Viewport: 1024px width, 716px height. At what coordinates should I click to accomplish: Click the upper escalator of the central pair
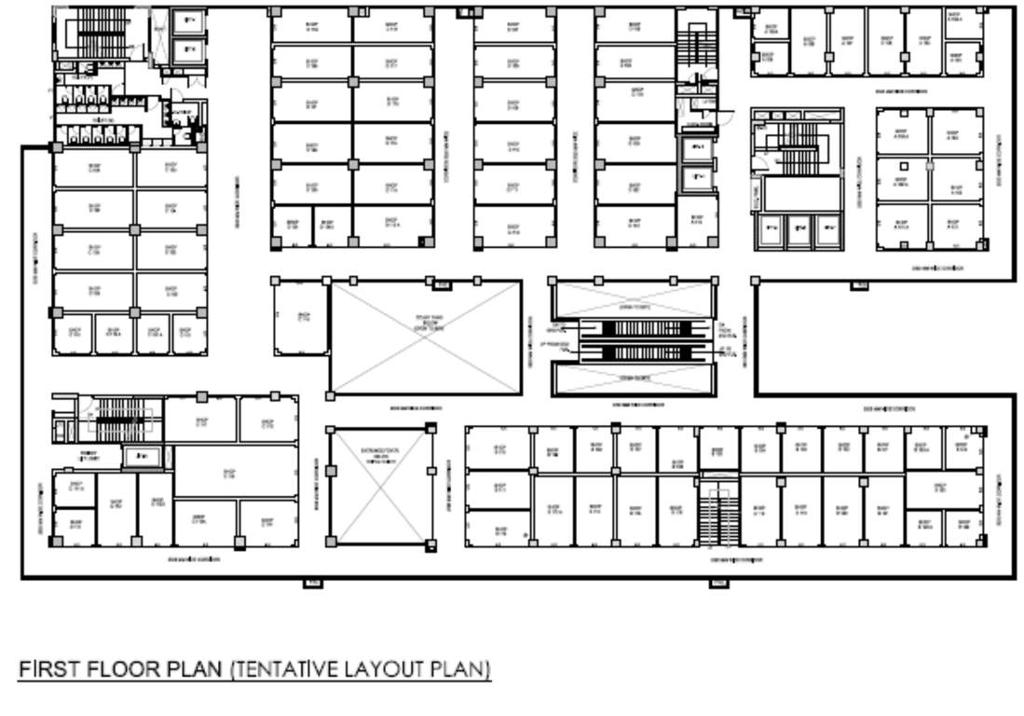[634, 328]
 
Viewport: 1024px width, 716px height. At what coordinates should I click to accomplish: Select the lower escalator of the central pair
[634, 352]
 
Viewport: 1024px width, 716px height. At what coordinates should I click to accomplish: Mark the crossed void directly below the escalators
[634, 378]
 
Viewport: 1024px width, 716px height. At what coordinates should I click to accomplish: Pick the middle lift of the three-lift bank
[798, 229]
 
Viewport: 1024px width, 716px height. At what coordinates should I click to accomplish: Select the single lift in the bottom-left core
[141, 456]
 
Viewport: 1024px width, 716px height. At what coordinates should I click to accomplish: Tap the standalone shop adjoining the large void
[300, 317]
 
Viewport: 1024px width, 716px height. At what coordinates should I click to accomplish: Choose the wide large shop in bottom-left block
[229, 472]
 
